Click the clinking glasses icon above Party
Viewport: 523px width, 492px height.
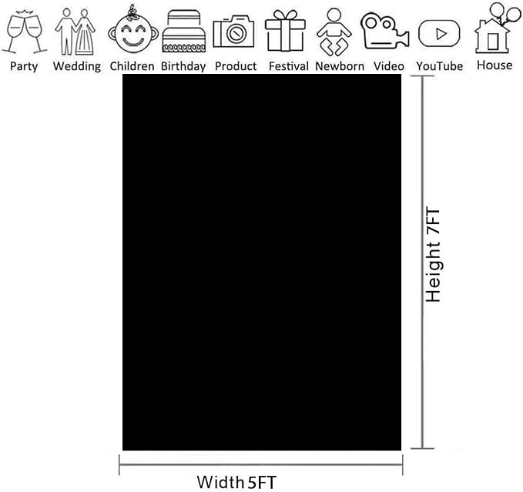pos(24,32)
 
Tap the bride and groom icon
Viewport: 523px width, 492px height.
pos(75,32)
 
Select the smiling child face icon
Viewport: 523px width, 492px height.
pos(133,30)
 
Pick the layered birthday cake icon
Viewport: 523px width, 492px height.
pos(183,32)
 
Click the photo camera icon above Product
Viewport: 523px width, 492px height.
pos(233,32)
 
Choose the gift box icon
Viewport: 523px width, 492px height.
pos(285,31)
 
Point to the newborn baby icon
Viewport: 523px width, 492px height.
pos(334,32)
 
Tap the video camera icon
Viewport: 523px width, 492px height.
pos(384,31)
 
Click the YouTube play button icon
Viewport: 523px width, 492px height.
pos(439,33)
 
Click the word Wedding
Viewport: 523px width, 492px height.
pos(77,66)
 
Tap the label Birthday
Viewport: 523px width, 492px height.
pos(183,66)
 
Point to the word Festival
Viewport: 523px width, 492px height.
pos(289,66)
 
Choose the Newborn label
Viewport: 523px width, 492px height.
pos(340,66)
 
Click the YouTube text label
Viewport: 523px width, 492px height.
pos(439,66)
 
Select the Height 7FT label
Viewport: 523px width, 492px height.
pos(434,256)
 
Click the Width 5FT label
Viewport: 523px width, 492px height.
pos(236,482)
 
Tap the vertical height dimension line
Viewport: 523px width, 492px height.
pos(423,263)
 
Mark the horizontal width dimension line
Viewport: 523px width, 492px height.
pos(261,464)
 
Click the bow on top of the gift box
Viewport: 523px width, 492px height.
pos(285,15)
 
